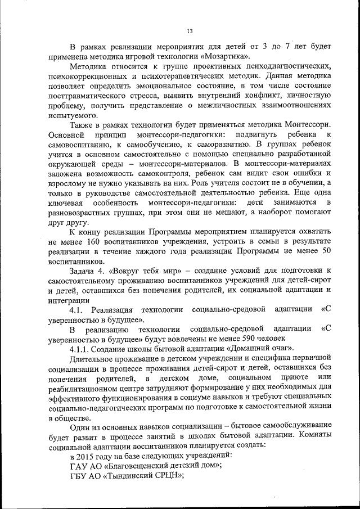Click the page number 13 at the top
pos(190,30)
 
